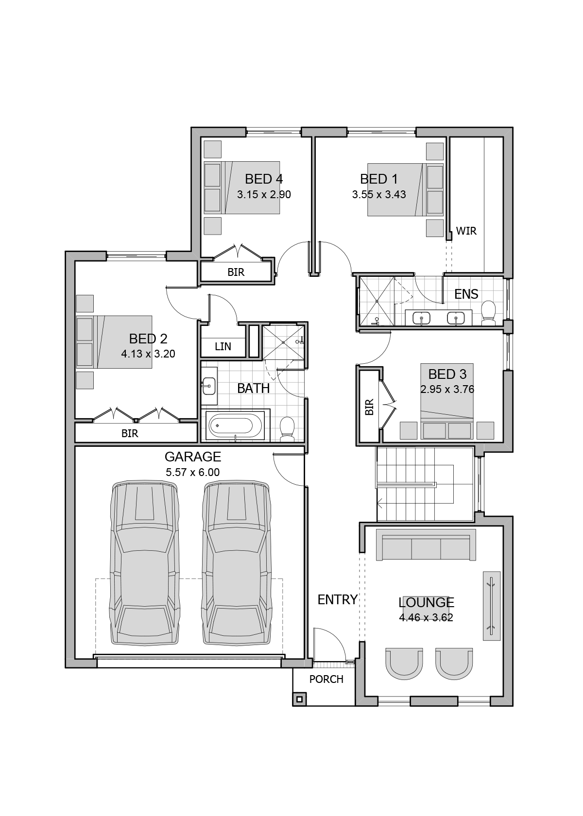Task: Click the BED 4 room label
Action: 263,179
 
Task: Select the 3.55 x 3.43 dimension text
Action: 379,194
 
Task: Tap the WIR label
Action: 466,231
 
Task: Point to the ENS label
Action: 466,294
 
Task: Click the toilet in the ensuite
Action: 488,313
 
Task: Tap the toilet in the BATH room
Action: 287,429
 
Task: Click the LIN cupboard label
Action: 223,346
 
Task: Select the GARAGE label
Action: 193,457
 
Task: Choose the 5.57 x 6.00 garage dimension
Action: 193,473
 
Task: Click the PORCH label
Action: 326,679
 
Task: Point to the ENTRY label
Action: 337,599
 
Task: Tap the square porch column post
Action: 299,699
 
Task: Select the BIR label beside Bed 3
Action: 369,407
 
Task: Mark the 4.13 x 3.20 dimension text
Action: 148,354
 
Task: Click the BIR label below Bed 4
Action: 236,272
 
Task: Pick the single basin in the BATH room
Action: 209,386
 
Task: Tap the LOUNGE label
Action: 426,602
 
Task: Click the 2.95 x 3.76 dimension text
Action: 447,390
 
